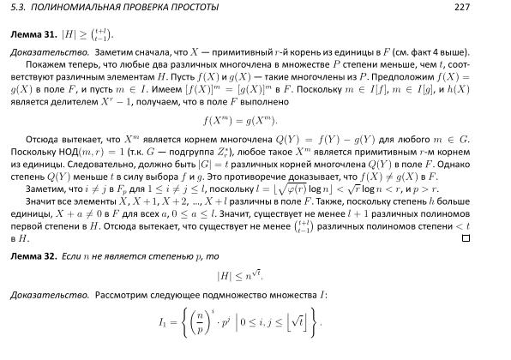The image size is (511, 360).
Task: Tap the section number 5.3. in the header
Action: pyautogui.click(x=20, y=8)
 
